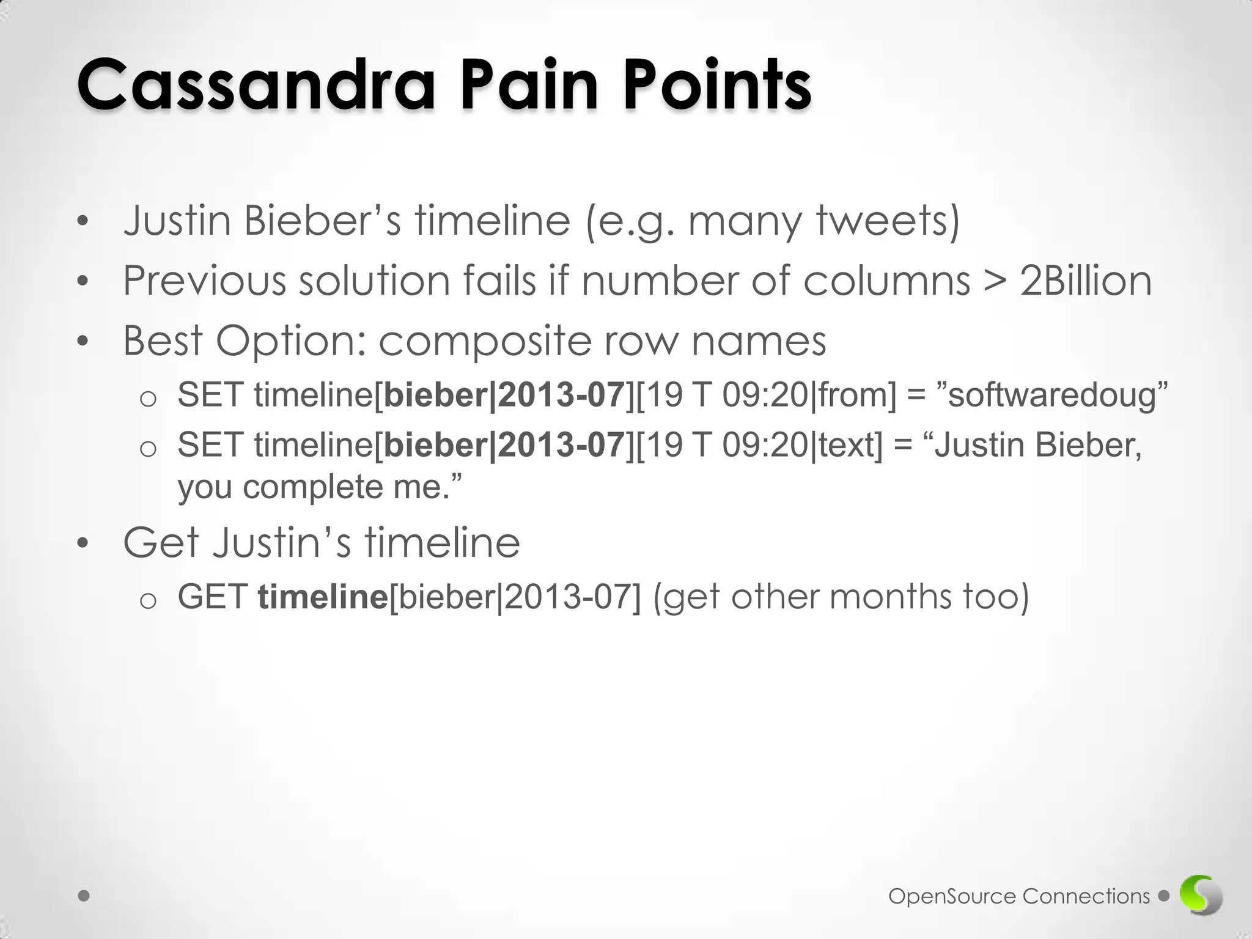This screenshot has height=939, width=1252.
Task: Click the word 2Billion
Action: [1086, 281]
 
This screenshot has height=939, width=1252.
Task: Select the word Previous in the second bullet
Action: [205, 281]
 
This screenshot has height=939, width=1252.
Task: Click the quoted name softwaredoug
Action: [1052, 396]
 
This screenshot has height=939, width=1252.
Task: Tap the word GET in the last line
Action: [212, 597]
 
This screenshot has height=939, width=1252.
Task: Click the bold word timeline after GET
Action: [323, 597]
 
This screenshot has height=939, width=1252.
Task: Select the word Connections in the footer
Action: [1086, 896]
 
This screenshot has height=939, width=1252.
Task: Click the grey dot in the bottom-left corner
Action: [84, 896]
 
